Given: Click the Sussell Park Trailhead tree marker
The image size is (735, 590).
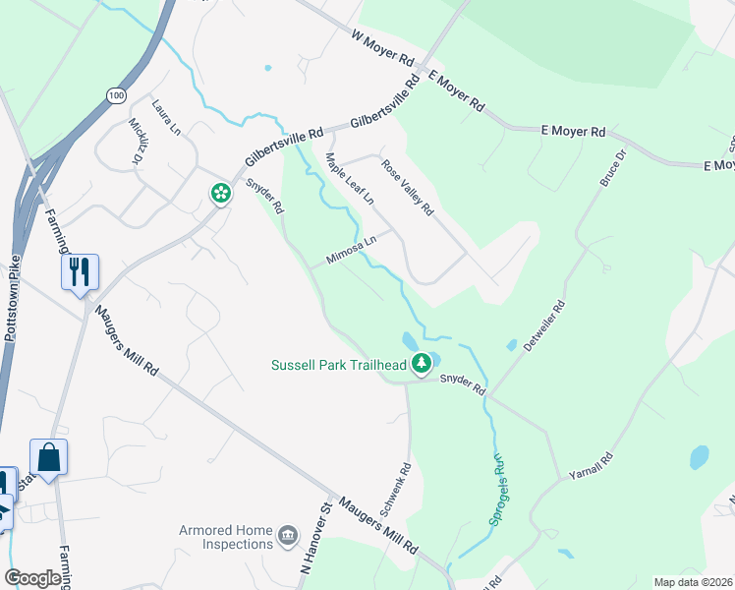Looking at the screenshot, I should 422,365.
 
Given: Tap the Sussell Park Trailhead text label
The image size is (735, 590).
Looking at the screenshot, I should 339,365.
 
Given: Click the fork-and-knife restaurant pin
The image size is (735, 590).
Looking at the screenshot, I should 80,270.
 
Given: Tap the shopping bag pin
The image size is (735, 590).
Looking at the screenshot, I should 48,456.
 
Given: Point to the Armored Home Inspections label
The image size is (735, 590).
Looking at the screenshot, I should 225,537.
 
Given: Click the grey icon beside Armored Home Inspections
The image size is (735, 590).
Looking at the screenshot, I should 288,535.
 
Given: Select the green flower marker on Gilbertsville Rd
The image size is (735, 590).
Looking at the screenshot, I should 220,194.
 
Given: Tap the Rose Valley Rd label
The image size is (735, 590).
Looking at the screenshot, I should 408,187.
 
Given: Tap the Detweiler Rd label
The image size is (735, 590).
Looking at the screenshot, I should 545,329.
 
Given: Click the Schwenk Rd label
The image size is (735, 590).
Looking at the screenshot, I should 405,488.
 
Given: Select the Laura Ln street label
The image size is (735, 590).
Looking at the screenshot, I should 166,116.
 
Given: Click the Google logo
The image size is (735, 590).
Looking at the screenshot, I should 33,578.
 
